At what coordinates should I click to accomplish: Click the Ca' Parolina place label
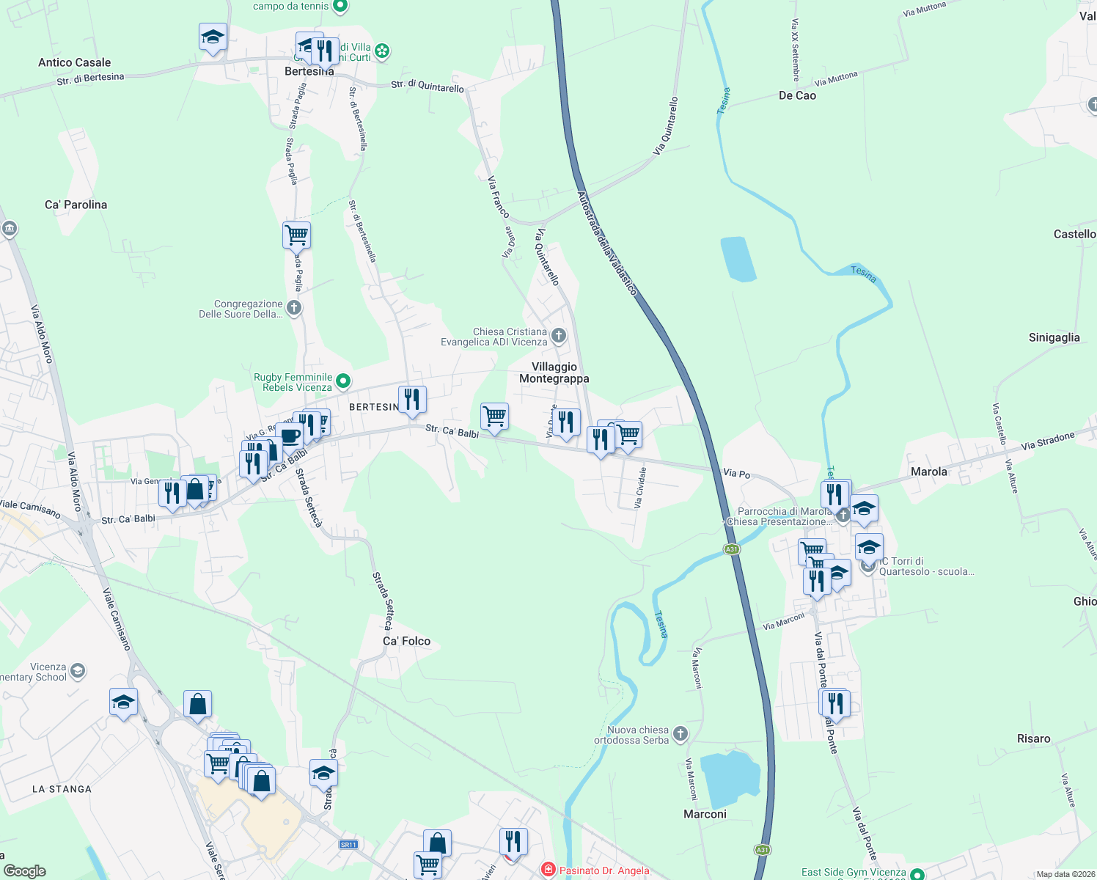click(x=76, y=205)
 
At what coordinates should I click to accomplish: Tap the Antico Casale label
click(x=74, y=62)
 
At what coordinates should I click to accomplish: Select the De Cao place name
click(x=797, y=95)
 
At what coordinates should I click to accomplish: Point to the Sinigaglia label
click(x=1054, y=337)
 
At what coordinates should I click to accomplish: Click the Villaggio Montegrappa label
click(x=554, y=373)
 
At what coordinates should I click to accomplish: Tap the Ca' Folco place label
click(x=406, y=641)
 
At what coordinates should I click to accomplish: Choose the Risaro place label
click(x=1033, y=738)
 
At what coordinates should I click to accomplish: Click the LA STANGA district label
click(x=62, y=789)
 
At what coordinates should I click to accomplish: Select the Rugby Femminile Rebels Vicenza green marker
click(x=343, y=381)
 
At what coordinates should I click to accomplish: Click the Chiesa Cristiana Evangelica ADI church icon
click(x=559, y=336)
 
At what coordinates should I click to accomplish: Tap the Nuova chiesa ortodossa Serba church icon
click(x=680, y=733)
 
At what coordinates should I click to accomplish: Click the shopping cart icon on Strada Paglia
click(x=296, y=235)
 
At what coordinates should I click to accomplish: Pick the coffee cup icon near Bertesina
click(x=290, y=436)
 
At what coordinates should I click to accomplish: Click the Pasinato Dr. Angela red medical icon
click(x=548, y=870)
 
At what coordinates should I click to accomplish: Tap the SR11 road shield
click(x=348, y=844)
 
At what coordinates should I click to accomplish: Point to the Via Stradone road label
click(x=1047, y=441)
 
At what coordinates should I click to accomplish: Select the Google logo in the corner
click(x=24, y=870)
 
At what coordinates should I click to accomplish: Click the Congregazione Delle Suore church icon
click(x=294, y=307)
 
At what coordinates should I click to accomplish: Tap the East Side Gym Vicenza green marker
click(x=917, y=874)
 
